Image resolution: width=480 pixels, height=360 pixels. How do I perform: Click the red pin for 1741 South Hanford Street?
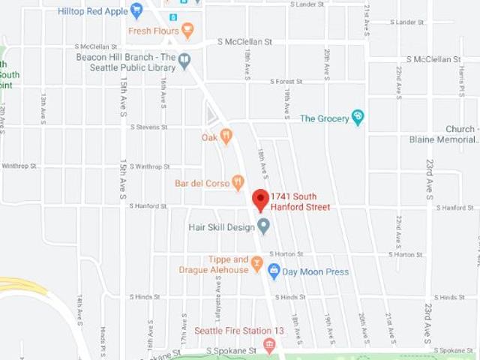click(260, 199)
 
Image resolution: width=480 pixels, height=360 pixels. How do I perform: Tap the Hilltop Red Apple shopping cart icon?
click(136, 10)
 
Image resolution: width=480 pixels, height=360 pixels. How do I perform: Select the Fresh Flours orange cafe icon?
click(187, 31)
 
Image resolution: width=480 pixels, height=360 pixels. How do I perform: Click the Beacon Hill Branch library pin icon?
click(184, 61)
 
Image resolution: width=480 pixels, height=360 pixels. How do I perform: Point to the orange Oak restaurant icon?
click(226, 136)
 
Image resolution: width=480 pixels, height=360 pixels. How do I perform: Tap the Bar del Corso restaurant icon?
click(238, 181)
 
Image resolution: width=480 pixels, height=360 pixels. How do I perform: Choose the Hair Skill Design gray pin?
click(263, 225)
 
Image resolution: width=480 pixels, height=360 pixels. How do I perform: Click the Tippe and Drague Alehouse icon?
click(256, 263)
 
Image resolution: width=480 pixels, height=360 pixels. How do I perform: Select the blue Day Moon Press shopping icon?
click(274, 271)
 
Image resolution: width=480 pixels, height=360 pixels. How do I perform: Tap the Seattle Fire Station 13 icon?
click(269, 344)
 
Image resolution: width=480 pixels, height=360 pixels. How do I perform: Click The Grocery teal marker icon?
click(358, 118)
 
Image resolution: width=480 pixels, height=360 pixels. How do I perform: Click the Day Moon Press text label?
click(315, 271)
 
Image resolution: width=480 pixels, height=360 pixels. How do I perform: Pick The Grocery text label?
click(324, 118)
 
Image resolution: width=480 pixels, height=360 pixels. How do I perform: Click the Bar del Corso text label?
click(202, 182)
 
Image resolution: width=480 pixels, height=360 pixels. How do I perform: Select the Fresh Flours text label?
click(153, 31)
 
